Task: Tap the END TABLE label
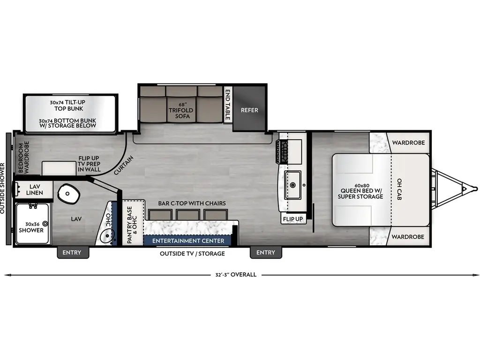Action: (x=228, y=105)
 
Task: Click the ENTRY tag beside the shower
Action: (x=72, y=253)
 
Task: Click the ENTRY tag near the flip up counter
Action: (x=266, y=253)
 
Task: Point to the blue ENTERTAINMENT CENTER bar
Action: (x=188, y=241)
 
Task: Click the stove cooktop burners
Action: (x=284, y=151)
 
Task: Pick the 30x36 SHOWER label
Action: (x=31, y=227)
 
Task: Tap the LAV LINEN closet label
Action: (x=34, y=189)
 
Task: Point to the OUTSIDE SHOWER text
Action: (x=3, y=188)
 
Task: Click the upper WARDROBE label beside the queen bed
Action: (x=408, y=142)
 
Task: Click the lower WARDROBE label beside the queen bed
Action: (x=408, y=237)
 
